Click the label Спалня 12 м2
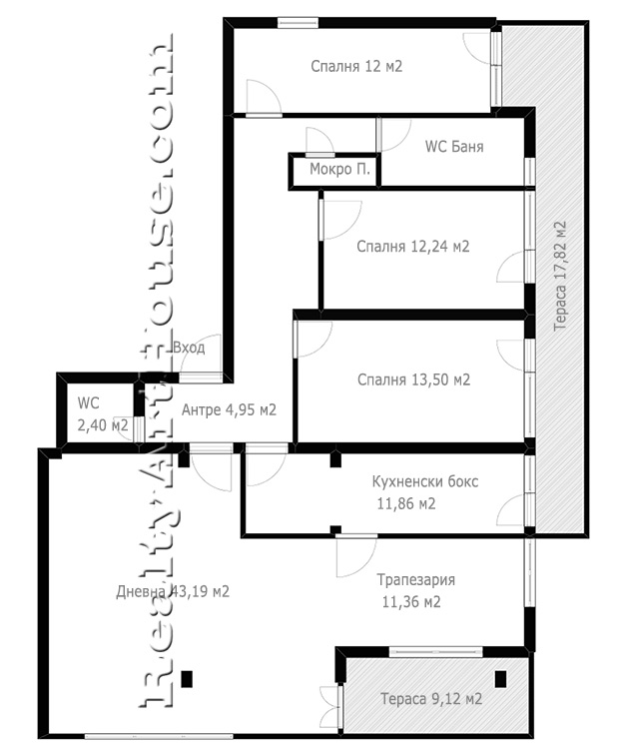[356, 66]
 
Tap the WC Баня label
[454, 146]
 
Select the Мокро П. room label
[339, 169]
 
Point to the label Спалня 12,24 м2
[413, 247]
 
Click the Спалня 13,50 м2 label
[413, 379]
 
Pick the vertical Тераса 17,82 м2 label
[559, 276]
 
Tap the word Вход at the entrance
[189, 348]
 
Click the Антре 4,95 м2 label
[230, 409]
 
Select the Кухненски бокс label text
[425, 481]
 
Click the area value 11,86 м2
[406, 504]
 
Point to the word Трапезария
[415, 580]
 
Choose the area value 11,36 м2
[411, 602]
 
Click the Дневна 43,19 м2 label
[173, 592]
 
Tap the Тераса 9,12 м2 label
[431, 699]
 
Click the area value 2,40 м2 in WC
[103, 425]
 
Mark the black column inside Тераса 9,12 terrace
[500, 679]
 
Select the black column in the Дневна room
[187, 679]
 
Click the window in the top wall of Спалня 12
[298, 22]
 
